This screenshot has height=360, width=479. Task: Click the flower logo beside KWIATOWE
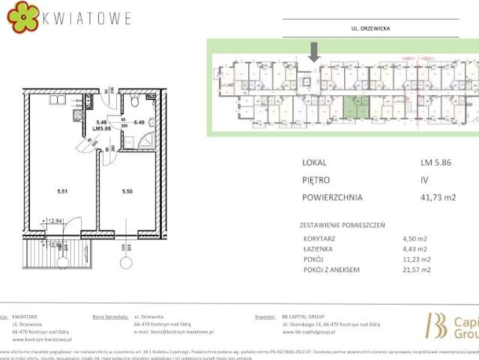pyautogui.click(x=23, y=16)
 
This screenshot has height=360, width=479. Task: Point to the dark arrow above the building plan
pyautogui.click(x=315, y=51)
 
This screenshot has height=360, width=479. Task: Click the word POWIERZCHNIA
pyautogui.click(x=333, y=198)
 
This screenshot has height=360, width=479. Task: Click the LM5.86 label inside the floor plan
pyautogui.click(x=101, y=128)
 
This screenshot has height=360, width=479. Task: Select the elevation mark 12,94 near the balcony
pyautogui.click(x=54, y=222)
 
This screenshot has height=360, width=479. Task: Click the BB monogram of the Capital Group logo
pyautogui.click(x=436, y=325)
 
